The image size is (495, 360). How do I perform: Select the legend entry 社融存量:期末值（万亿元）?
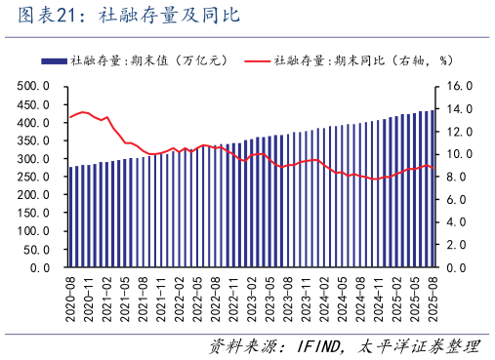point(146,60)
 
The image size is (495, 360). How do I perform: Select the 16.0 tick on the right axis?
point(459,87)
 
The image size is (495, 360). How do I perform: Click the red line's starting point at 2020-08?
point(70,117)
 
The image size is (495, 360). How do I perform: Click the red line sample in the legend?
point(257,60)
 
